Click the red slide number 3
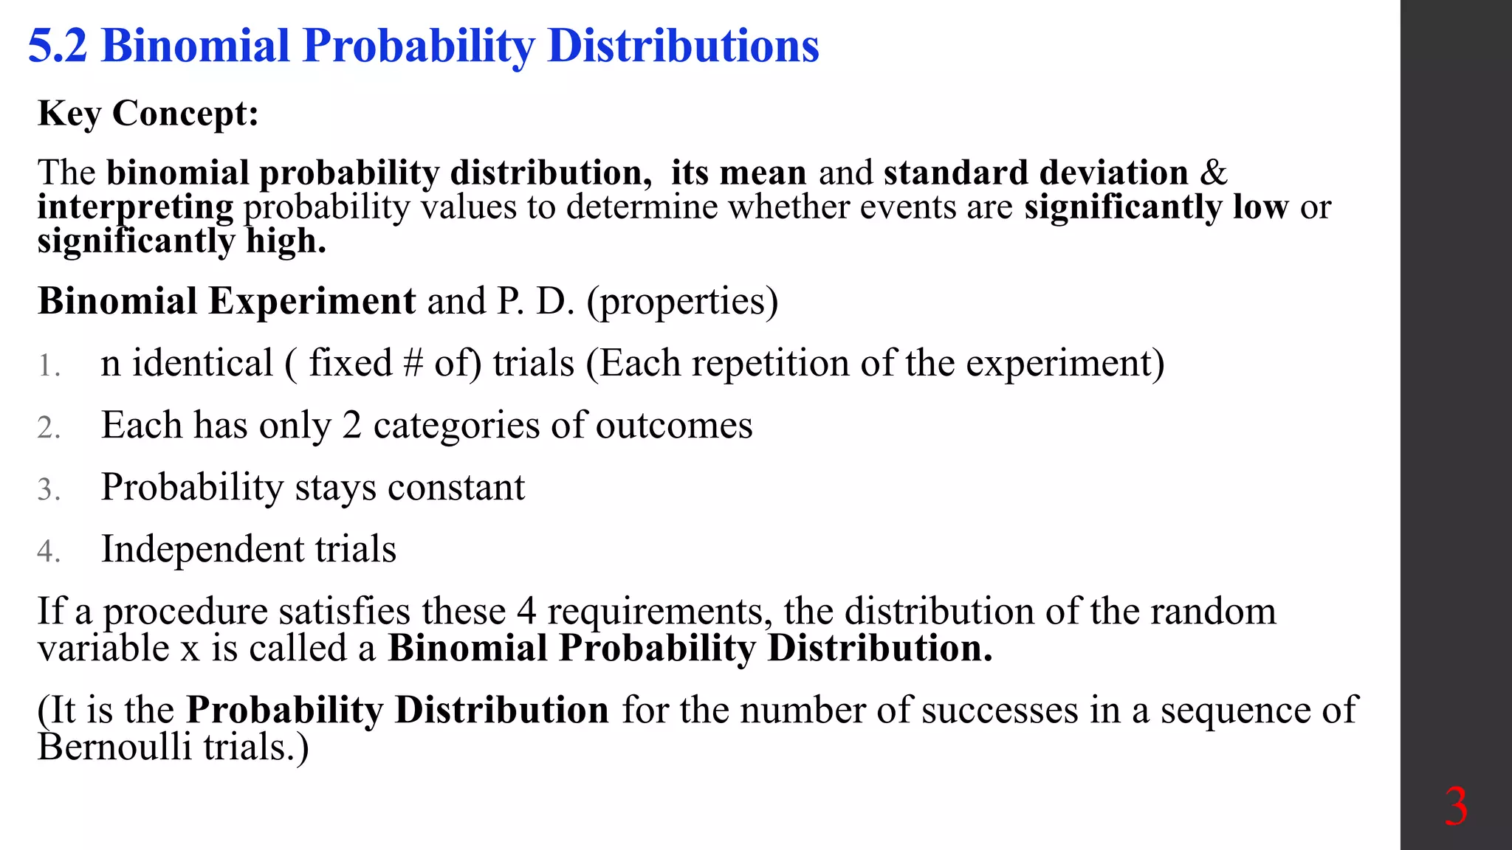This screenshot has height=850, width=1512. pos(1456,807)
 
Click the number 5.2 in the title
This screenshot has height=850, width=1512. pos(58,46)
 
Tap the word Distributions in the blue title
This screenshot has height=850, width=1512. pos(684,46)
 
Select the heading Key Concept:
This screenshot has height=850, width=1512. pos(148,114)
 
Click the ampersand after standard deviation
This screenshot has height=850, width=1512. pos(1213,173)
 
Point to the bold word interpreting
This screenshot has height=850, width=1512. pos(135,207)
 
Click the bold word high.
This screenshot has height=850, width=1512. pos(286,241)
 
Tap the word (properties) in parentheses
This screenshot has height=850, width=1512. pos(682,302)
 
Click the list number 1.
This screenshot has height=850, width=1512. pos(48,366)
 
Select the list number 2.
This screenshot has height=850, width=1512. pos(48,428)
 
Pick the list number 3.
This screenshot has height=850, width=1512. pos(48,490)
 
